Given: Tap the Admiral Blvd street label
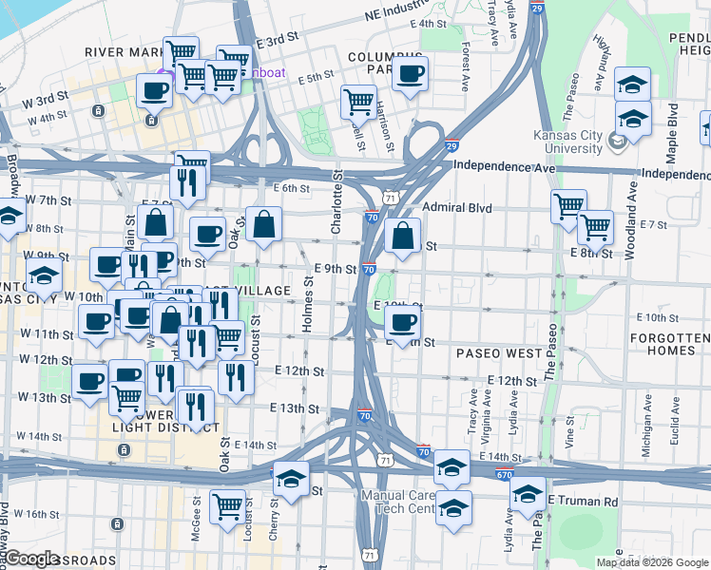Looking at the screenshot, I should pyautogui.click(x=450, y=207).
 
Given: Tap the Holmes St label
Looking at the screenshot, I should pyautogui.click(x=307, y=304).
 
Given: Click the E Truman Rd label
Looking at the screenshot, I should pyautogui.click(x=583, y=502).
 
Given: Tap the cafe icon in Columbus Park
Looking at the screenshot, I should pyautogui.click(x=411, y=73).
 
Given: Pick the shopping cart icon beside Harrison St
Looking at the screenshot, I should pyautogui.click(x=358, y=102).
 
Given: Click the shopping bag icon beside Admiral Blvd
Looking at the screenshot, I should pyautogui.click(x=403, y=237).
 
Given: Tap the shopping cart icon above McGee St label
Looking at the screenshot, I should pyautogui.click(x=228, y=507).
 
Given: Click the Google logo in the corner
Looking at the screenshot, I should pyautogui.click(x=30, y=558).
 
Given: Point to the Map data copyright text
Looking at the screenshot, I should pyautogui.click(x=651, y=562).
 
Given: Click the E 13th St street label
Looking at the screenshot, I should pyautogui.click(x=294, y=408).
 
